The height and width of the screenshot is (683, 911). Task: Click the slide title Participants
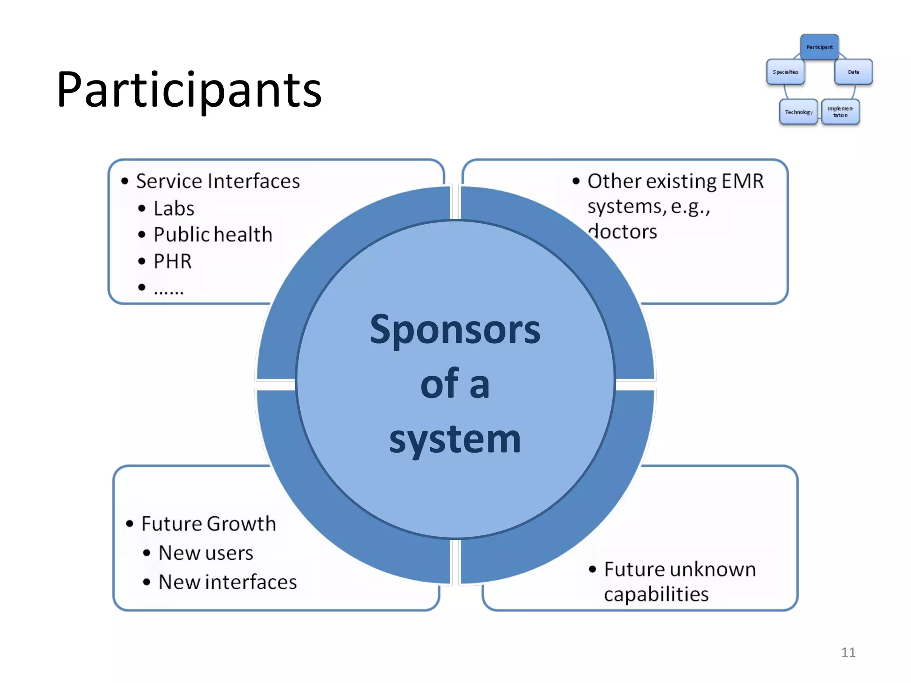click(189, 90)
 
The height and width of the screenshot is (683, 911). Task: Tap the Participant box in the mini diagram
click(819, 47)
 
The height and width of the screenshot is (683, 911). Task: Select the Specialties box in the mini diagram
click(785, 72)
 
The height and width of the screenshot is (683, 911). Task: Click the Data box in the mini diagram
click(853, 72)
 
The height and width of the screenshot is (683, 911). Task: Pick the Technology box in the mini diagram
click(798, 112)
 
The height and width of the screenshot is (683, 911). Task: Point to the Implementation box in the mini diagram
click(840, 112)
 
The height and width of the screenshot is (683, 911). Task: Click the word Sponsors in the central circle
click(455, 330)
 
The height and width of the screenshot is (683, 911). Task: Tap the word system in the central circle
click(455, 439)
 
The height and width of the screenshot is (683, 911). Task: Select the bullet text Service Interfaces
click(218, 181)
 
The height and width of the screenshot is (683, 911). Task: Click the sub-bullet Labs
click(174, 209)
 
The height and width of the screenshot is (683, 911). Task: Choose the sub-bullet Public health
click(213, 235)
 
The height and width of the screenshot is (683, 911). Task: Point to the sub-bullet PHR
click(173, 261)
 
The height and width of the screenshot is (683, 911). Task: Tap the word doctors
click(623, 232)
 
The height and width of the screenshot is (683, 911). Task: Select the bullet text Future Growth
click(209, 524)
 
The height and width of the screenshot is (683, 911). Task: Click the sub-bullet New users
click(206, 553)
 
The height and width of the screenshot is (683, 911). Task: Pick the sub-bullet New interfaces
click(227, 582)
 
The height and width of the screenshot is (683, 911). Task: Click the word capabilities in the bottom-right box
click(656, 595)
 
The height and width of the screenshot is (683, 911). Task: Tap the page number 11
click(848, 652)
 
